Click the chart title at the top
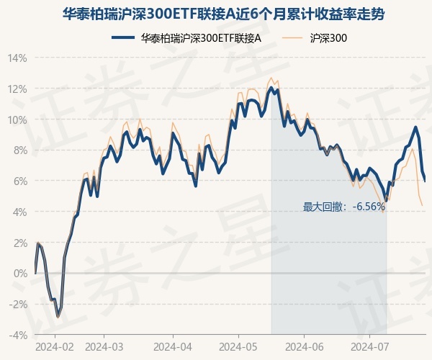(x=216, y=14)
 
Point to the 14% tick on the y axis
(x=18, y=58)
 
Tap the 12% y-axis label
(x=18, y=89)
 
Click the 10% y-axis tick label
(x=18, y=120)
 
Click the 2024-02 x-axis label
(x=55, y=346)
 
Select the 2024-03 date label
(x=104, y=346)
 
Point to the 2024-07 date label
(x=369, y=346)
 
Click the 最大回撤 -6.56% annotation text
(x=344, y=207)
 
